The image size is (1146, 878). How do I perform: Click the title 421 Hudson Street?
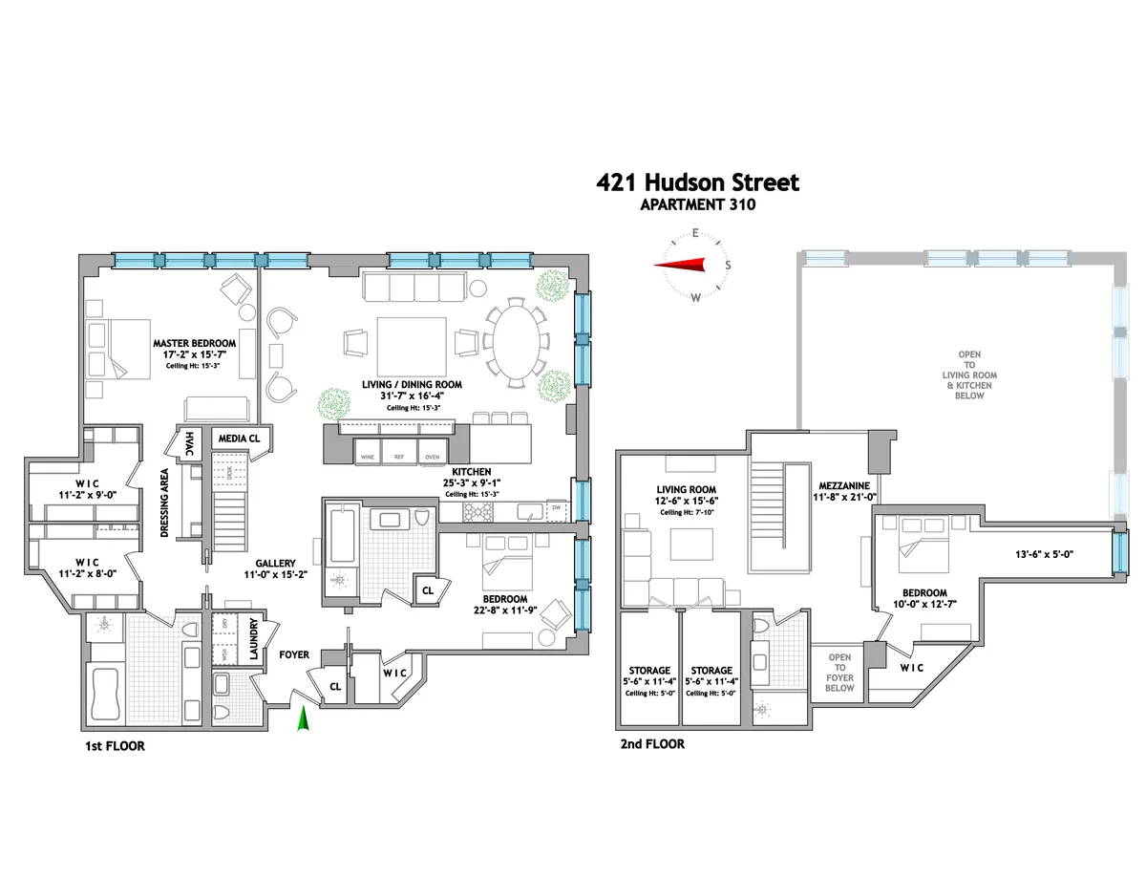[x=698, y=182]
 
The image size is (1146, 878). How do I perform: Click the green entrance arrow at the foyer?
[x=305, y=718]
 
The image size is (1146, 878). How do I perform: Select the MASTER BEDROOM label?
[x=194, y=343]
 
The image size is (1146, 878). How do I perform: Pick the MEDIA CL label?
[x=240, y=439]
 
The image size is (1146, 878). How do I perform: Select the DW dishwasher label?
[x=557, y=507]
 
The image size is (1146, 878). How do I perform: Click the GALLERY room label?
[x=275, y=564]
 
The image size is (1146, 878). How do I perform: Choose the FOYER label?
[x=296, y=655]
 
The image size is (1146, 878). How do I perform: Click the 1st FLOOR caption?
[x=113, y=745]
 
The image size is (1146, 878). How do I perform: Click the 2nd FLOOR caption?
[x=652, y=743]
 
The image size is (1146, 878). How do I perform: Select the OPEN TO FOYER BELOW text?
[x=839, y=673]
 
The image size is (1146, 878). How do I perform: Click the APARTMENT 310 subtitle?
[x=698, y=203]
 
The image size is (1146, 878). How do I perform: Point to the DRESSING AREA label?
[x=165, y=503]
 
